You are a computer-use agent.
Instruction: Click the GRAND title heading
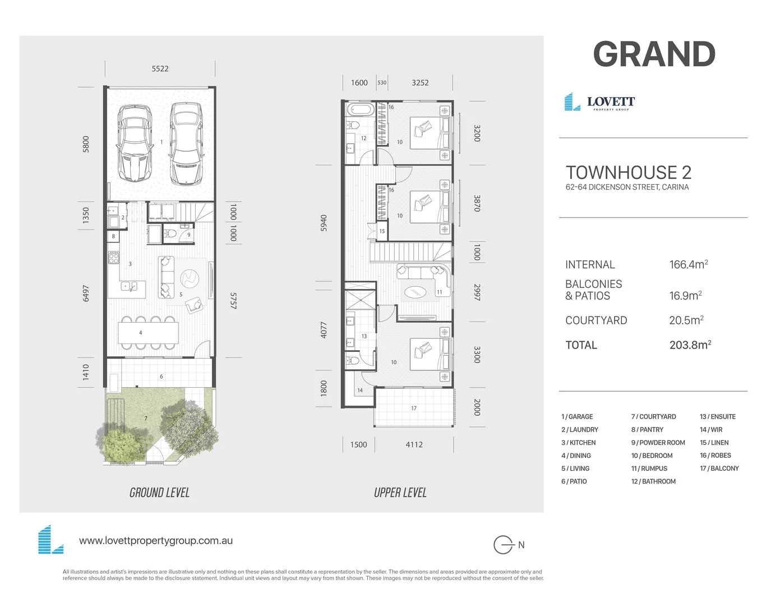[x=654, y=54]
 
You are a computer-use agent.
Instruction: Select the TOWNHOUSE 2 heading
[x=628, y=172]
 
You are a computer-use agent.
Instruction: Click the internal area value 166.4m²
[x=688, y=264]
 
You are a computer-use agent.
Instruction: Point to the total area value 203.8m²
[x=690, y=345]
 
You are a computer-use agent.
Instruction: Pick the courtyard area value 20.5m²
[x=686, y=320]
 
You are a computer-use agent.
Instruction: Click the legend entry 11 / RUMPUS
[x=649, y=469]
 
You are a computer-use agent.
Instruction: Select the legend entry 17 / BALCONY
[x=719, y=469]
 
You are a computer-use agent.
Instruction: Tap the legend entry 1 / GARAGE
[x=577, y=417]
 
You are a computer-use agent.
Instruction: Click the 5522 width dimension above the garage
[x=160, y=68]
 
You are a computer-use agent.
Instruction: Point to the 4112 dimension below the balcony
[x=414, y=444]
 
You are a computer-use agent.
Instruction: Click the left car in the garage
[x=135, y=144]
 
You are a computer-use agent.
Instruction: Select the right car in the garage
[x=186, y=144]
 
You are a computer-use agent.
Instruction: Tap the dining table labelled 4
[x=148, y=333]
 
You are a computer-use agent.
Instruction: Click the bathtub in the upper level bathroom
[x=359, y=109]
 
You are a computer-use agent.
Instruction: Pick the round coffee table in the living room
[x=190, y=277]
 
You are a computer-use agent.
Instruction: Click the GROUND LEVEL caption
[x=159, y=493]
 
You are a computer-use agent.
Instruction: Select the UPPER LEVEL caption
[x=400, y=493]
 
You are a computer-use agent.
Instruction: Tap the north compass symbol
[x=504, y=545]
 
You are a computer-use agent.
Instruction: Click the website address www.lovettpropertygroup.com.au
[x=156, y=541]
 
